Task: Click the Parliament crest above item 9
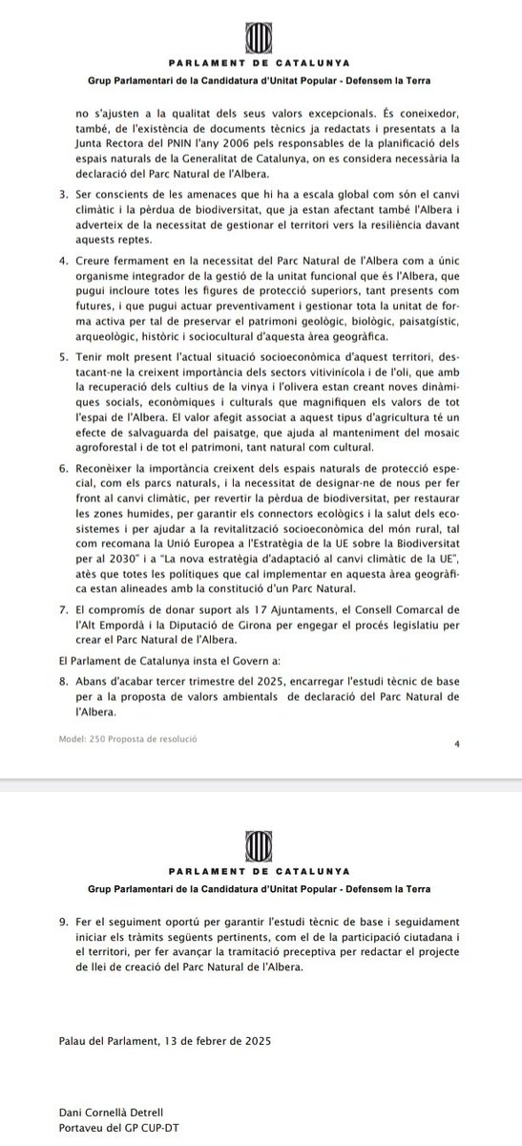click(261, 843)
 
